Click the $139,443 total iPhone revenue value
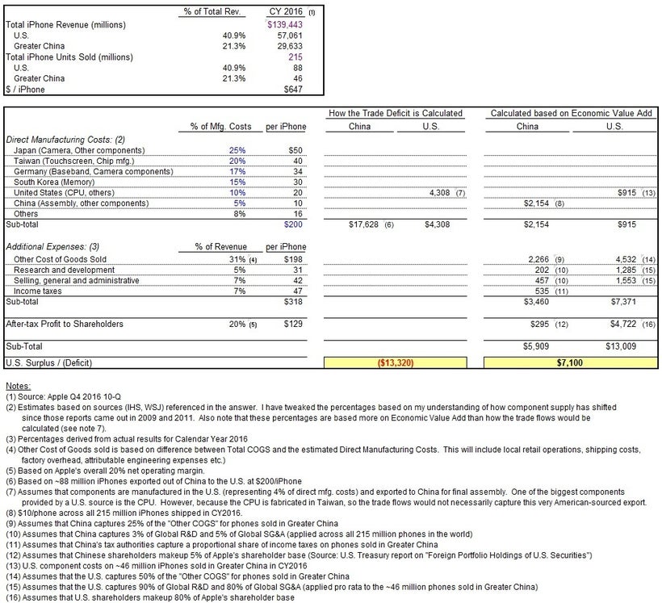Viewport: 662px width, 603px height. point(276,25)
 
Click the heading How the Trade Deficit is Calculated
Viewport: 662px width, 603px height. point(396,113)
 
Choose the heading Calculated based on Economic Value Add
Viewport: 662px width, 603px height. point(572,113)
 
